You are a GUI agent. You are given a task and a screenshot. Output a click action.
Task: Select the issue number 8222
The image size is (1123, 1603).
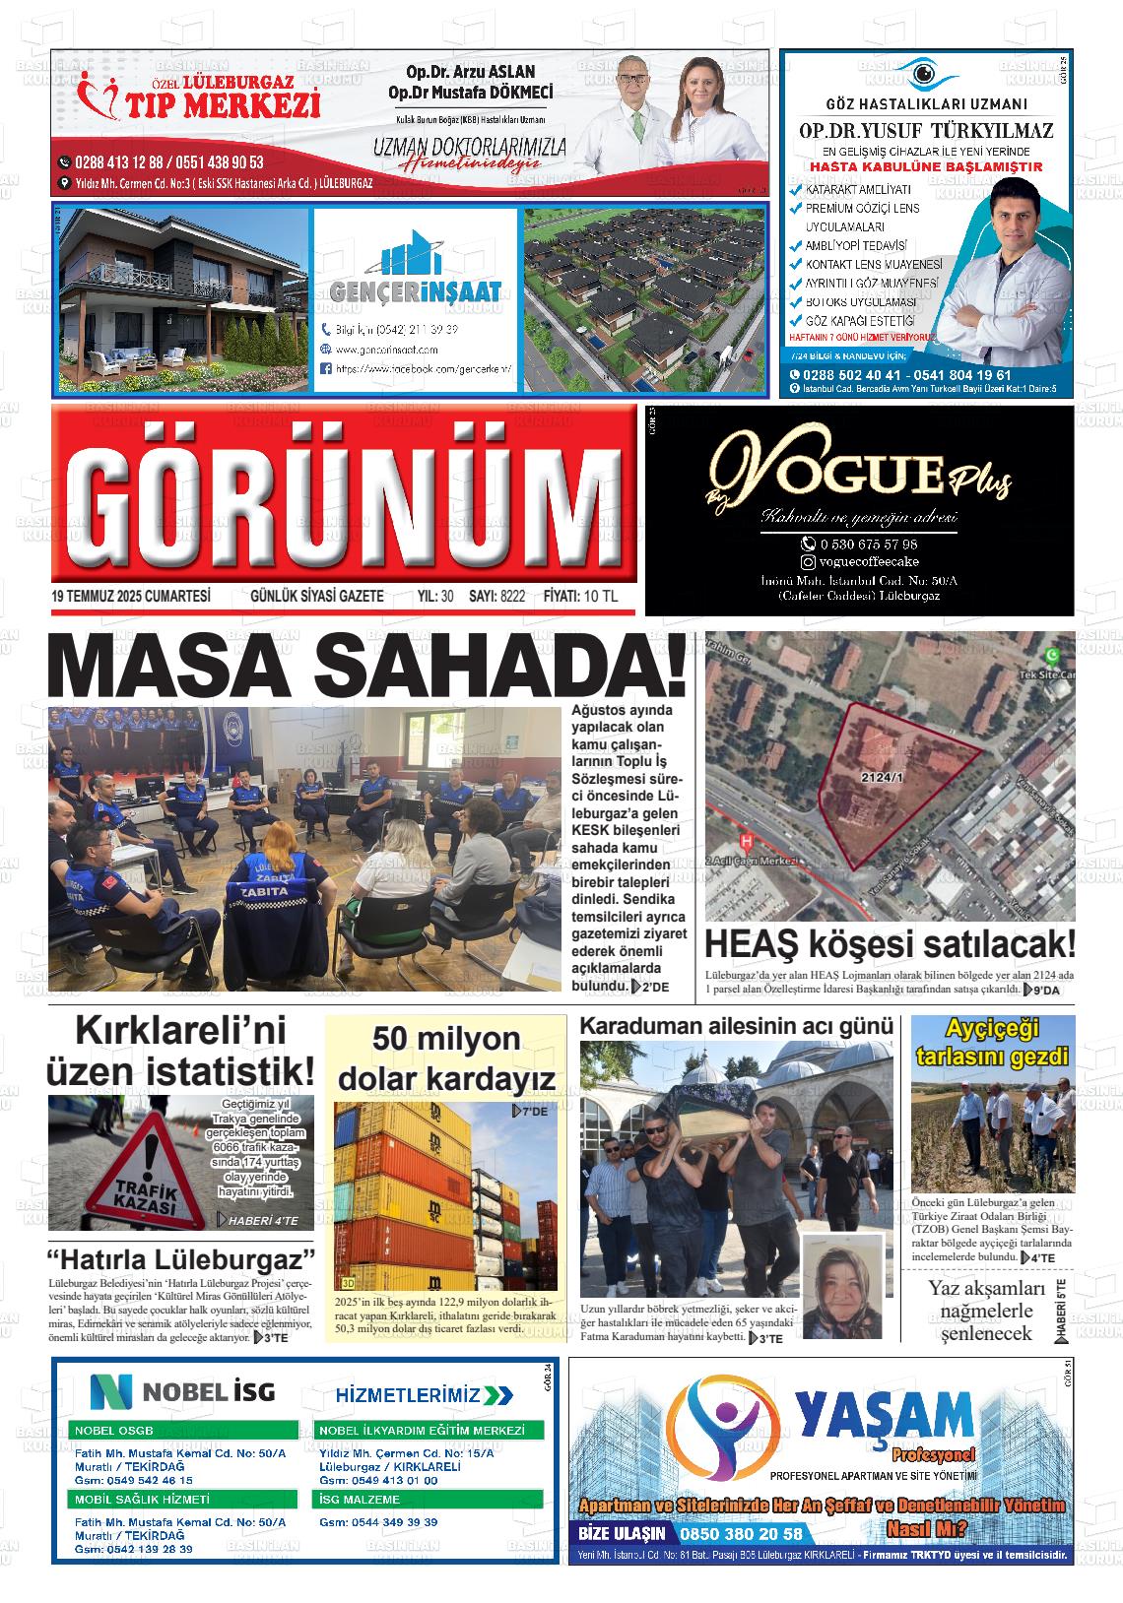(x=512, y=597)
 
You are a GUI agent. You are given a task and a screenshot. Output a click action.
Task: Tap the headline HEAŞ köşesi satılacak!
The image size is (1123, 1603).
(x=890, y=944)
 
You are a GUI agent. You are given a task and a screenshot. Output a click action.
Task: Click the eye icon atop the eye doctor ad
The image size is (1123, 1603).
(x=923, y=74)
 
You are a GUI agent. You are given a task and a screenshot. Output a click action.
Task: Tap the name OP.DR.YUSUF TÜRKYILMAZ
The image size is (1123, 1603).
(x=926, y=131)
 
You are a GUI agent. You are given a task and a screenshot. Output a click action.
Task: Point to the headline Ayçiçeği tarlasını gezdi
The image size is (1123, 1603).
(x=992, y=1044)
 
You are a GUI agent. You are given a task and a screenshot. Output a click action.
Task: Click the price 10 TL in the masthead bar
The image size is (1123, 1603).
(x=600, y=597)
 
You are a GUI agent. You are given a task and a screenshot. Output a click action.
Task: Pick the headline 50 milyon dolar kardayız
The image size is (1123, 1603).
(x=446, y=1058)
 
